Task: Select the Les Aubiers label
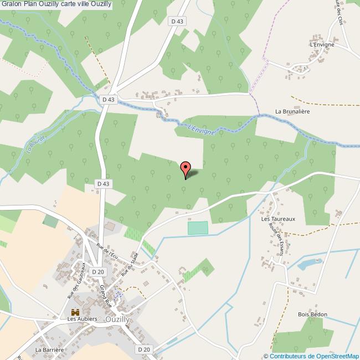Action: point(82,319)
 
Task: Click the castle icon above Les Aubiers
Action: point(76,311)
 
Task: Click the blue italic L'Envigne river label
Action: point(200,128)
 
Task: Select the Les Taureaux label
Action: point(278,219)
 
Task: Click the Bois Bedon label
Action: point(312,315)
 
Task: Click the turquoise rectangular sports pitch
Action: point(198,228)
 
